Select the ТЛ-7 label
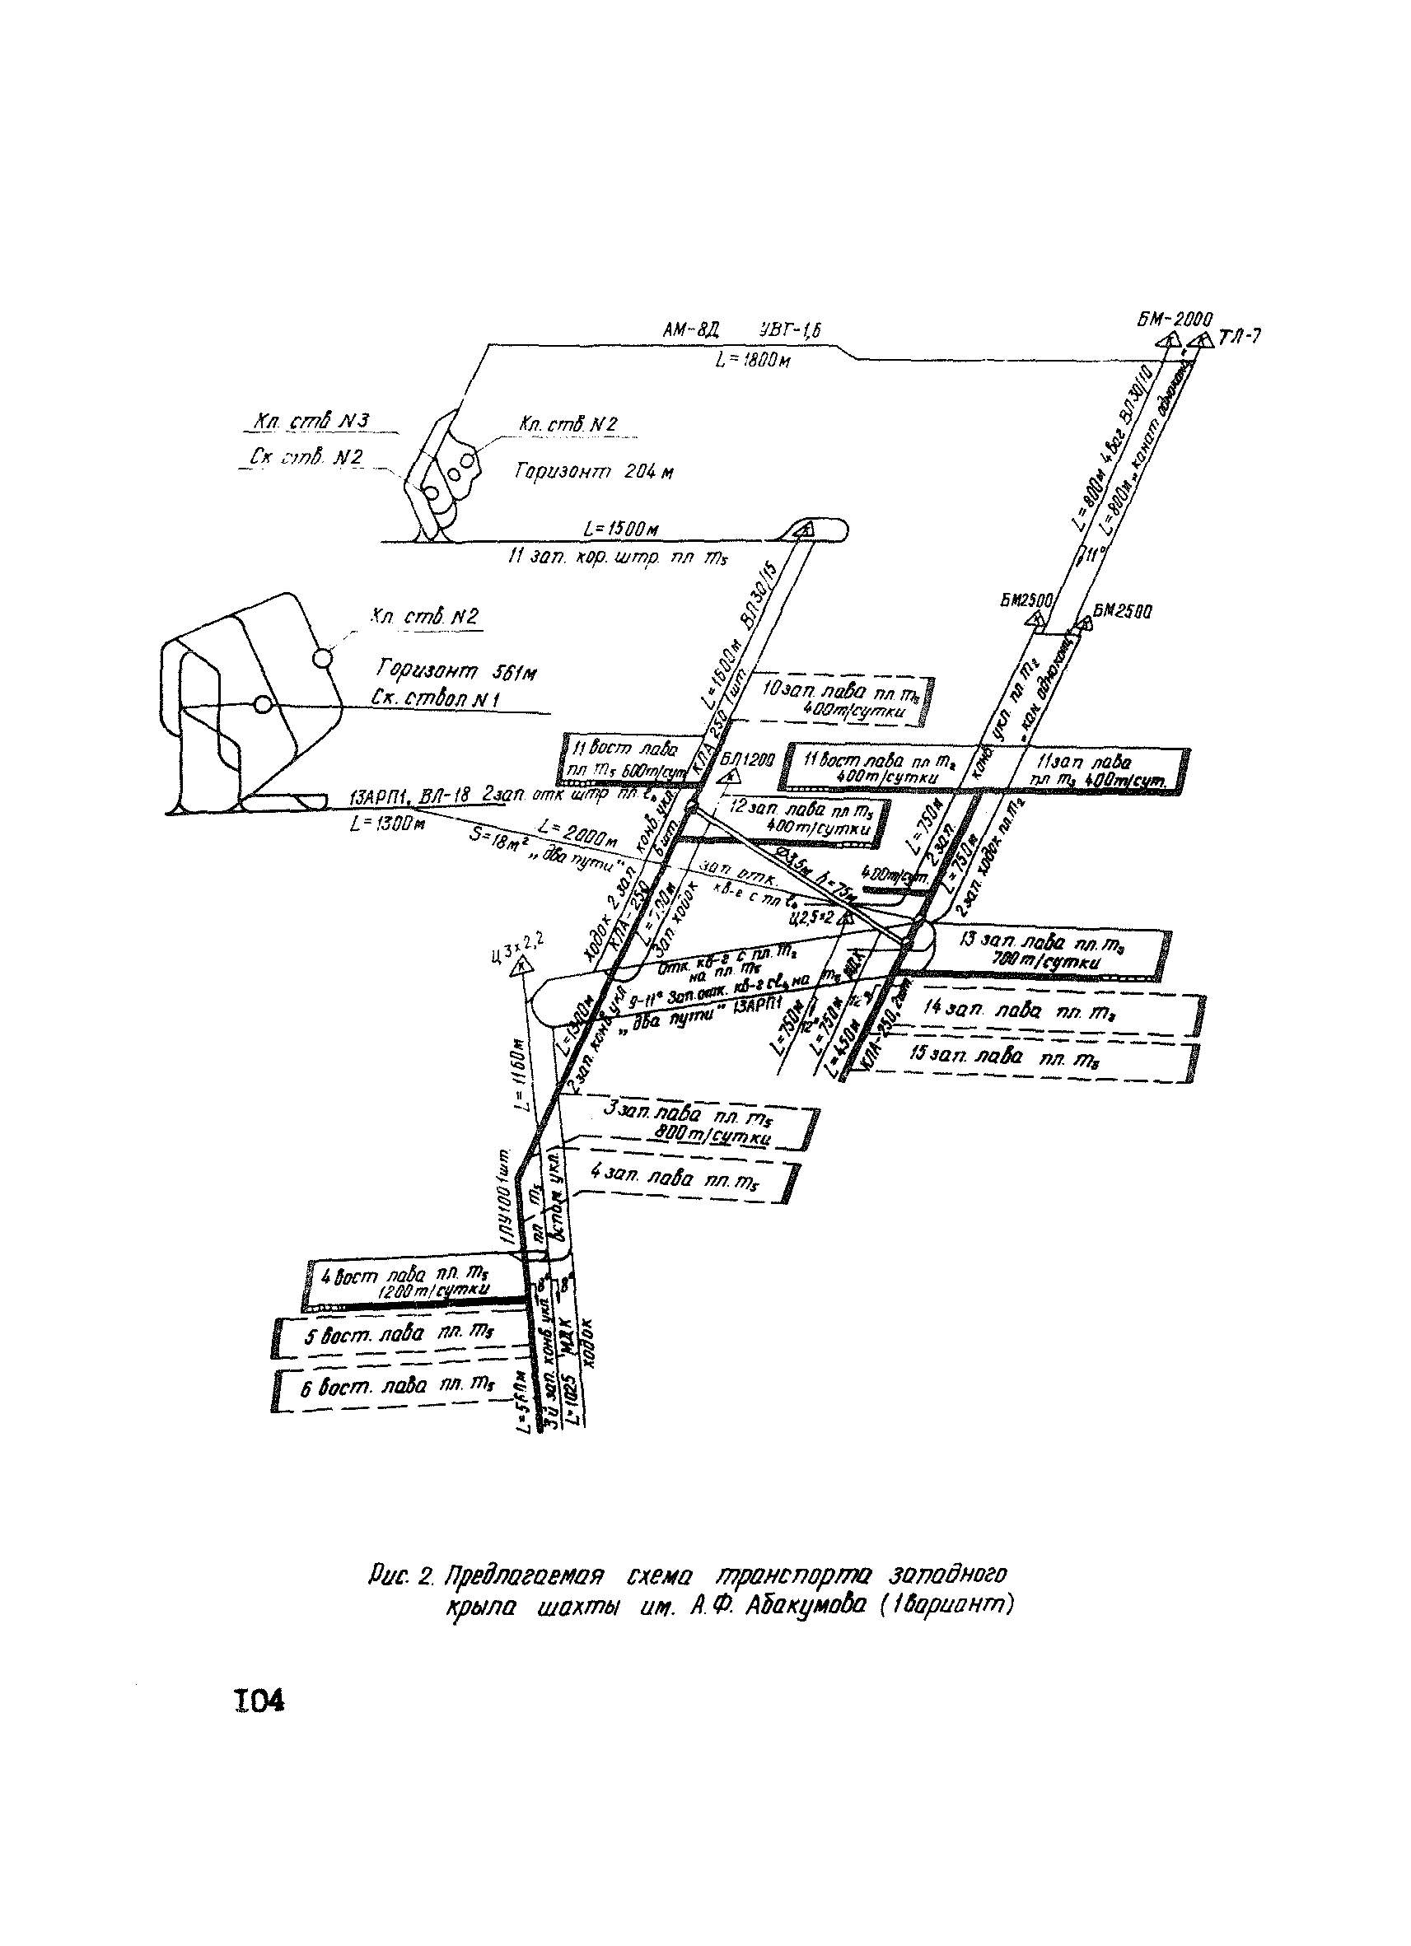point(1240,337)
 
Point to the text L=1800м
point(753,362)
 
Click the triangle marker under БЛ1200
point(731,777)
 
